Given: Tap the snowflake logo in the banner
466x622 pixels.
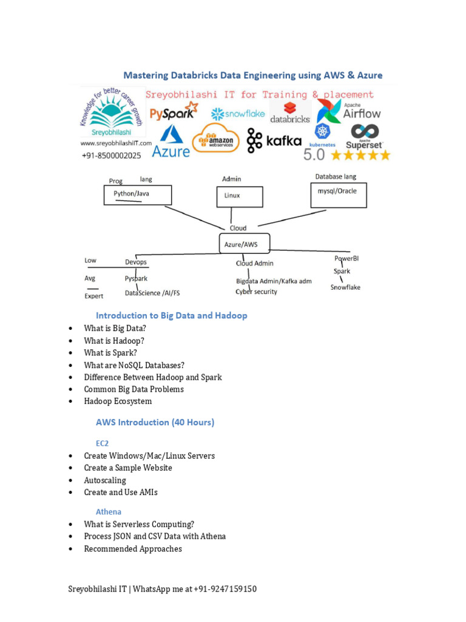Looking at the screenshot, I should point(238,114).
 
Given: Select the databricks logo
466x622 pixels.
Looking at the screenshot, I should point(289,112).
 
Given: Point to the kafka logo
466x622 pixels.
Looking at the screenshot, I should point(274,141).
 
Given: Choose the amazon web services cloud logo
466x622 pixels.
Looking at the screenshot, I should point(216,139).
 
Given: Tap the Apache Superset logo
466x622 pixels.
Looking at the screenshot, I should point(364,137).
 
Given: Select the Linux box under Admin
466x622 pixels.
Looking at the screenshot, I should point(240,196).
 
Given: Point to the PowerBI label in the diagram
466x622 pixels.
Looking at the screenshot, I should point(346,258).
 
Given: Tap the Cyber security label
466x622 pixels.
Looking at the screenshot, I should point(257,292).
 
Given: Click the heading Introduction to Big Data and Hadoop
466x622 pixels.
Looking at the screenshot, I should point(172,315).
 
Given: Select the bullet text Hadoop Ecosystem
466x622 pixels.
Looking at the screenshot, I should point(118,401).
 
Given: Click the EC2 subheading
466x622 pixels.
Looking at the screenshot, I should point(103,443).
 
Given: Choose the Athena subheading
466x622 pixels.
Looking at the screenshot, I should point(109,511).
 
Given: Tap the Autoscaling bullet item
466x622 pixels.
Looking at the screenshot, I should point(105,480).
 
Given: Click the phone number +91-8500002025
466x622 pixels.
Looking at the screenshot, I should point(111,155).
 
